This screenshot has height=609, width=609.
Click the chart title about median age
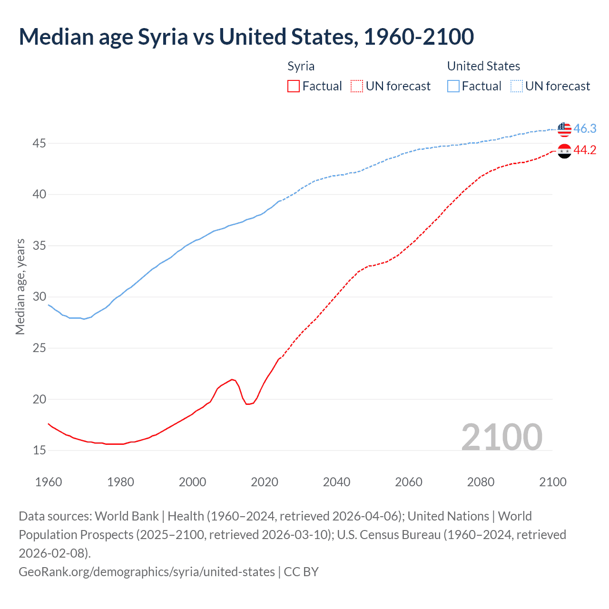point(246,37)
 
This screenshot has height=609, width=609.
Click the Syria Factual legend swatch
point(294,86)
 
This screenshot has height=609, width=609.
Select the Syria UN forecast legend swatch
point(357,86)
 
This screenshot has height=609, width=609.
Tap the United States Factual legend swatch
point(453,86)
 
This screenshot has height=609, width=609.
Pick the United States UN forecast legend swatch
point(517,86)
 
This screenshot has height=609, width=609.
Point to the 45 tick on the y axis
point(39,143)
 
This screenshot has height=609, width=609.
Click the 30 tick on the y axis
point(39,297)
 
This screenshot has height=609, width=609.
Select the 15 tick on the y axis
point(39,450)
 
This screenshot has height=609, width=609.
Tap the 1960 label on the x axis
point(49,482)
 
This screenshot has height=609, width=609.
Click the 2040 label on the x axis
point(336,482)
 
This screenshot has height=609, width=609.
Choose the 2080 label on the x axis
point(481,482)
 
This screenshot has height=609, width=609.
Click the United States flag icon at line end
point(564,129)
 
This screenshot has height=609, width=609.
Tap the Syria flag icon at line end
point(564,151)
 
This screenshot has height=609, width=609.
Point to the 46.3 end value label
point(585,129)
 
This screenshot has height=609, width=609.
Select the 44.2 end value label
point(585,150)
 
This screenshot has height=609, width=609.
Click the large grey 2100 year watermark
point(501,437)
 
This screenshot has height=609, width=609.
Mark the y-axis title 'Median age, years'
point(20,287)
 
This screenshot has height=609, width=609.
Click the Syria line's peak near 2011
point(232,379)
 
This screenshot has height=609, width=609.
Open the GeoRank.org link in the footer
point(147,571)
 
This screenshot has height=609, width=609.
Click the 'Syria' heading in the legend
point(301,66)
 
